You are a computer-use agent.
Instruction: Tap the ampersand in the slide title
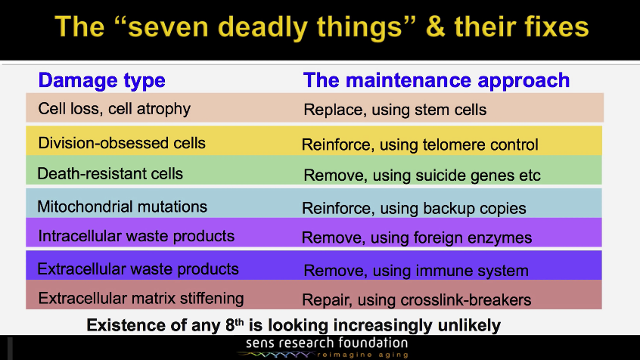(x=436, y=26)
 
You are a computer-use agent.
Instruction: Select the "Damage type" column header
(x=101, y=81)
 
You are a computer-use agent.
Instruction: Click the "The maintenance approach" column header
(x=437, y=80)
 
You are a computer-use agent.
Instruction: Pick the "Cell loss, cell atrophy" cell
(x=114, y=109)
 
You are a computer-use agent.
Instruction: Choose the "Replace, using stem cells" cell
(x=395, y=110)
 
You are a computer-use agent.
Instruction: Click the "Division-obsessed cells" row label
(x=122, y=143)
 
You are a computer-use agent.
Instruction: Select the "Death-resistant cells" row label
(x=110, y=173)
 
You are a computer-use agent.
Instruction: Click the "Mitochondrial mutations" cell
(x=122, y=206)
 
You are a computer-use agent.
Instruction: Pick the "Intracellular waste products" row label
(x=136, y=236)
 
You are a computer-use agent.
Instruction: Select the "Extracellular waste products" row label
(x=138, y=269)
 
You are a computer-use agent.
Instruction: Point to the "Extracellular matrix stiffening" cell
(x=141, y=299)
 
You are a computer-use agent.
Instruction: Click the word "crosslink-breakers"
(x=466, y=300)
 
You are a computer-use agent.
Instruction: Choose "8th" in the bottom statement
(x=235, y=325)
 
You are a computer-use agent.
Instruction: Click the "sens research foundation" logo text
(x=327, y=343)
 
